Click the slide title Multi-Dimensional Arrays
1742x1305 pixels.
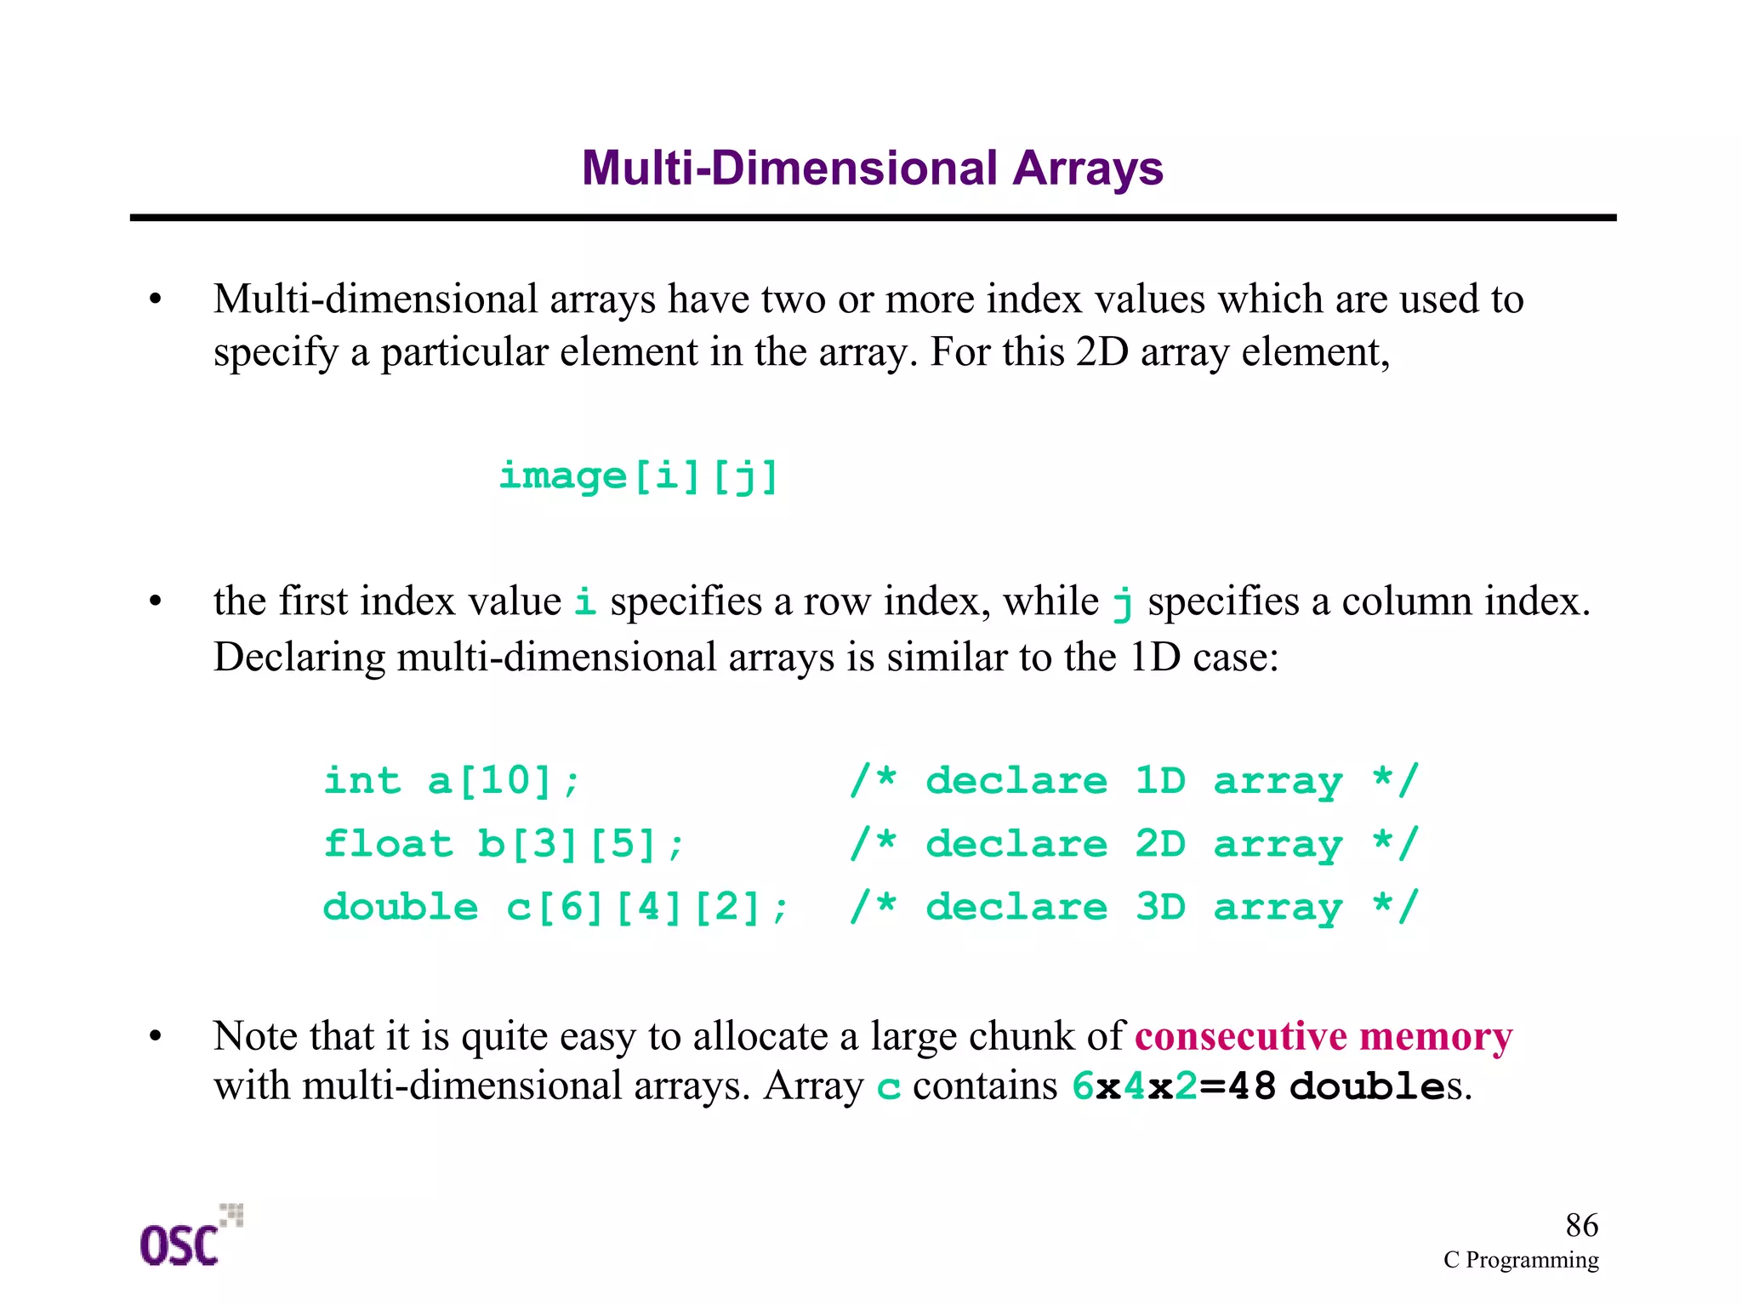(872, 168)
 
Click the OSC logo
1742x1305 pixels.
(189, 1238)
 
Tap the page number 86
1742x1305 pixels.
(1581, 1225)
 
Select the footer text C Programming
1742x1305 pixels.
(1521, 1260)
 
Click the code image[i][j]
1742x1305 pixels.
(639, 476)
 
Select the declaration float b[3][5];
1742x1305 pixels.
(504, 844)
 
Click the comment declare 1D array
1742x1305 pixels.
(1135, 780)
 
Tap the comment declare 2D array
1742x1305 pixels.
(1135, 844)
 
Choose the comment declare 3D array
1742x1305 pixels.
(1135, 907)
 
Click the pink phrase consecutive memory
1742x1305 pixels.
(1324, 1036)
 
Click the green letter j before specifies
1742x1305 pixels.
(1123, 603)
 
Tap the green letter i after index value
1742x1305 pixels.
(584, 601)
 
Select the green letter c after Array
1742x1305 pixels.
(888, 1088)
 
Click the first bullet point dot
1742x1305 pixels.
(155, 299)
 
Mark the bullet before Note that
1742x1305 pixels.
(155, 1036)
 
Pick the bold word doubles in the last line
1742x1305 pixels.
(1379, 1086)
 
